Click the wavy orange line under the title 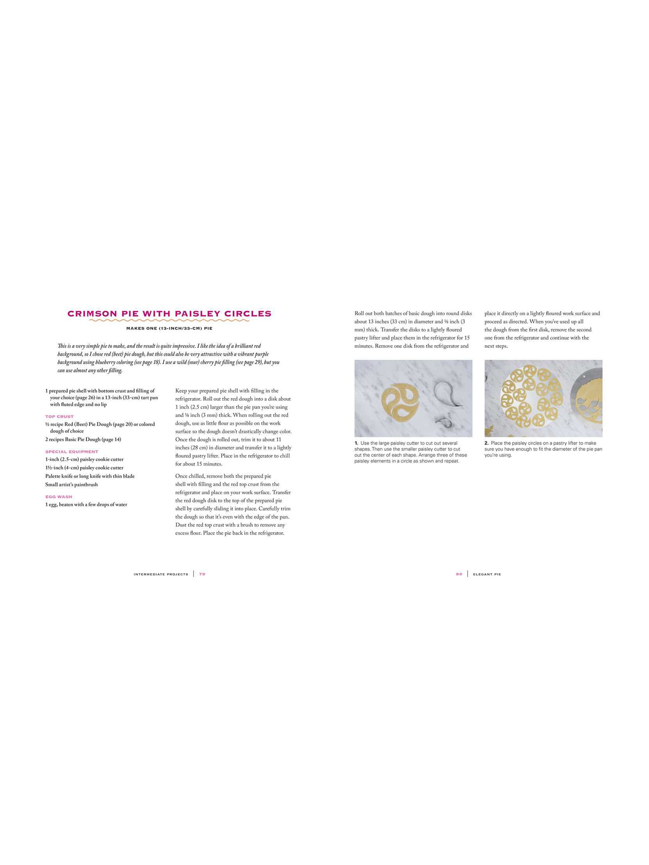coord(169,320)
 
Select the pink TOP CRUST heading coord(59,416)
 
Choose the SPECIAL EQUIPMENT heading coord(72,452)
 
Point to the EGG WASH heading coord(59,497)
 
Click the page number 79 coord(202,574)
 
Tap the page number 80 coord(459,574)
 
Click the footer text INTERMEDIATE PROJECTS coord(161,574)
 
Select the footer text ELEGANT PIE coord(487,574)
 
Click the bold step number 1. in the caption coord(357,443)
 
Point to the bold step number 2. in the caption coord(487,443)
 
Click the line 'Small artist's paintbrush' coord(72,485)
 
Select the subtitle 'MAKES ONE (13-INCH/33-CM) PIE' coord(169,328)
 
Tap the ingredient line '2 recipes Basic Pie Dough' coord(83,440)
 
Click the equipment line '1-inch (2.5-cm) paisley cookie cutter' coord(84,460)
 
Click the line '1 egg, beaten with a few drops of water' coord(86,505)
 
